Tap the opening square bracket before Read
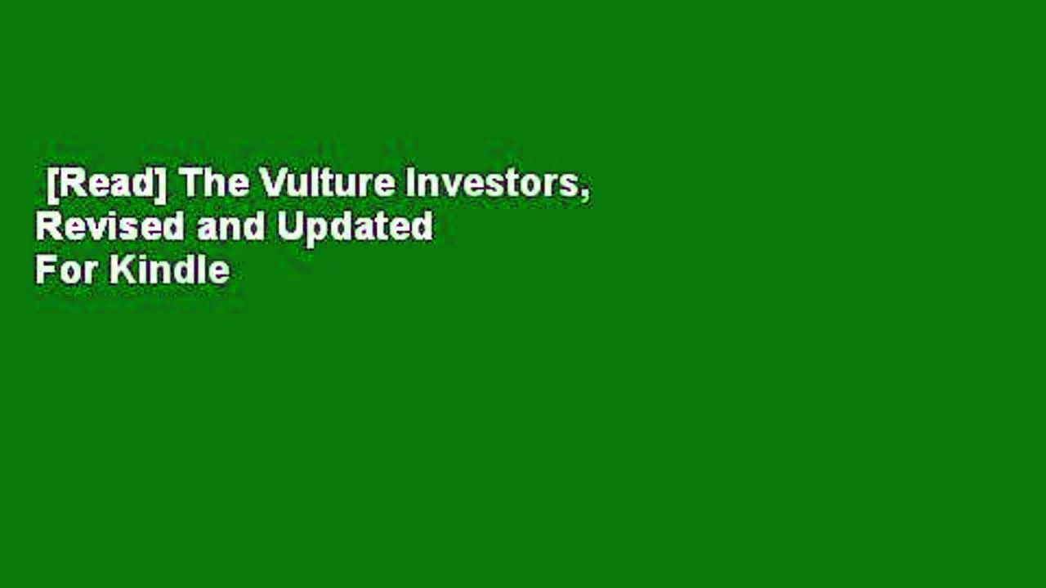click(53, 185)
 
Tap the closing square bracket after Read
click(162, 185)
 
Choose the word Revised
click(110, 226)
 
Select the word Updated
click(355, 229)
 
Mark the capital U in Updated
click(289, 226)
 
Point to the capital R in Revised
click(49, 226)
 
